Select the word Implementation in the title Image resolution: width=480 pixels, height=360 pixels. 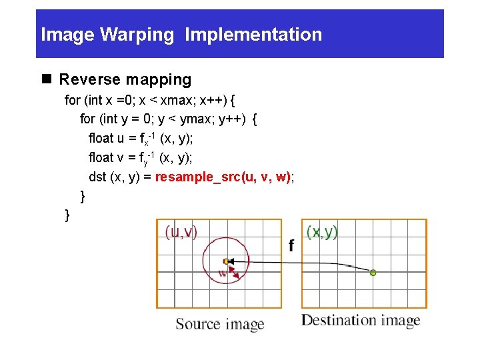tap(253, 35)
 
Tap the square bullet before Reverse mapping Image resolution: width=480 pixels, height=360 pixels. tap(47, 80)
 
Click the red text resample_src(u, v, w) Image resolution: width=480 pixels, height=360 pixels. tap(223, 177)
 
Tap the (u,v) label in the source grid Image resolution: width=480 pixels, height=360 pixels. tap(181, 232)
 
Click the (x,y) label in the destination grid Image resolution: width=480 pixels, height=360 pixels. tap(322, 232)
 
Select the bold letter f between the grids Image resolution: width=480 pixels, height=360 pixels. tap(291, 246)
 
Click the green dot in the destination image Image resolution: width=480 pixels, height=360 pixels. tap(373, 273)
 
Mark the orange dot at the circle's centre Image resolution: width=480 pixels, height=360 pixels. tap(226, 261)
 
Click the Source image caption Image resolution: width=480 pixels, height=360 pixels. tap(220, 325)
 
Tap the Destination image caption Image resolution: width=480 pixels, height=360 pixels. tap(361, 321)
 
